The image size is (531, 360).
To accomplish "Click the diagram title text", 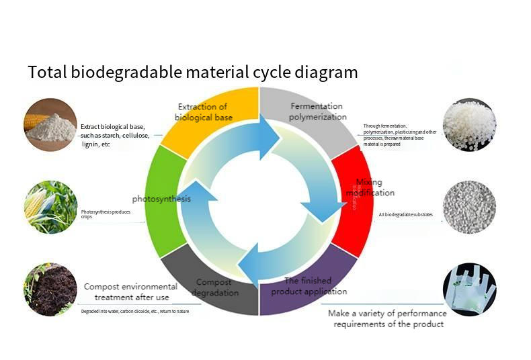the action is (192, 72).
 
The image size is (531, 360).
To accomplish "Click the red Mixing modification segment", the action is (356, 195).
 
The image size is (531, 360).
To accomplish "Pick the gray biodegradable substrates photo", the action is (469, 207).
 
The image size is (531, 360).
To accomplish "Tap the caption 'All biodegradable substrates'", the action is (406, 215).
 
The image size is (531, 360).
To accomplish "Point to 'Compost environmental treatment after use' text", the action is (130, 291).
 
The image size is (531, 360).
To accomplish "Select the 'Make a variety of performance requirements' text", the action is (386, 318).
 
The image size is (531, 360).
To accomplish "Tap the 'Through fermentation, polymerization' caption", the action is (399, 134).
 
